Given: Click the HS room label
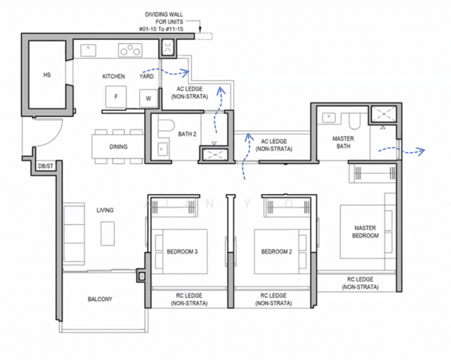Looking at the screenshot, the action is [x=47, y=75].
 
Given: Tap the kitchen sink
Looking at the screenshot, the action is [x=88, y=50].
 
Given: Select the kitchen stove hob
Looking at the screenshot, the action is [x=130, y=50].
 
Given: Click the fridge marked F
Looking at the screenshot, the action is [x=116, y=97].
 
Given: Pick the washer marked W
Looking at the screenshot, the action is [x=148, y=98].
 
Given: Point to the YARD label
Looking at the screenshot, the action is [x=146, y=77].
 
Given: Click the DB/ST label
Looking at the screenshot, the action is [x=46, y=166].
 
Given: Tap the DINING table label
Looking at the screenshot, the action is [x=118, y=147].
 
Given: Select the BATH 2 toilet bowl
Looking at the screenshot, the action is [x=166, y=126].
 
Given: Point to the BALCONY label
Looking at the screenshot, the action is [x=100, y=299].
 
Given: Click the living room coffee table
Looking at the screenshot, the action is [x=107, y=233].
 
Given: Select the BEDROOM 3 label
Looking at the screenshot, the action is [x=182, y=252].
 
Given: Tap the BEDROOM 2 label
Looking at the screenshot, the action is [x=276, y=252].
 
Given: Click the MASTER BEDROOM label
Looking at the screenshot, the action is [x=365, y=232].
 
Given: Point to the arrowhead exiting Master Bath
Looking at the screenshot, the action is [x=422, y=151].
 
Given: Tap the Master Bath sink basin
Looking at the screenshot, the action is [x=329, y=117].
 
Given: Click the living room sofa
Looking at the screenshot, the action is [x=74, y=233].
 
